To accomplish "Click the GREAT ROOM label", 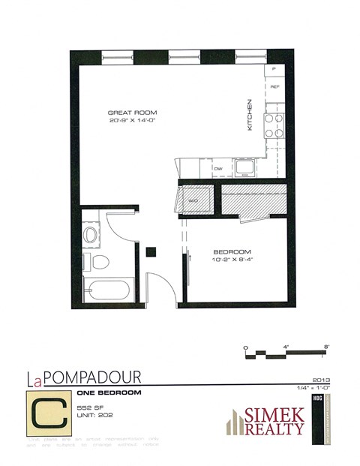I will pyautogui.click(x=132, y=113).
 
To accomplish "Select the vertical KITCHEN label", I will pyautogui.click(x=250, y=116).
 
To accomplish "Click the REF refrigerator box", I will pyautogui.click(x=274, y=87).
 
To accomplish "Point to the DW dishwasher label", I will pyautogui.click(x=219, y=169).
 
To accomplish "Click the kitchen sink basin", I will pyautogui.click(x=244, y=166).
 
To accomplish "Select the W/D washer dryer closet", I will pyautogui.click(x=192, y=201).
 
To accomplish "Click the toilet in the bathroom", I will pyautogui.click(x=97, y=261).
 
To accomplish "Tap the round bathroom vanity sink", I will pyautogui.click(x=91, y=234).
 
